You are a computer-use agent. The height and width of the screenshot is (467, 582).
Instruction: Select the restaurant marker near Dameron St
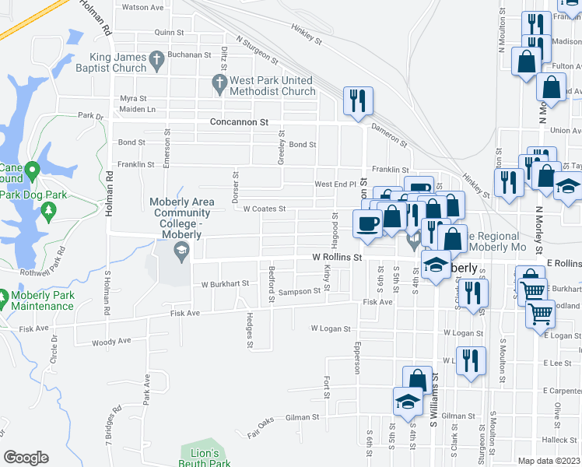click(358, 100)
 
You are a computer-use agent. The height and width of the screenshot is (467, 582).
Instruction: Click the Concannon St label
click(239, 122)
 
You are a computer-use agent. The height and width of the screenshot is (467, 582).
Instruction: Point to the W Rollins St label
click(338, 256)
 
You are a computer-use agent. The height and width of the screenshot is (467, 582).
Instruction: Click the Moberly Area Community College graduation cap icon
click(181, 249)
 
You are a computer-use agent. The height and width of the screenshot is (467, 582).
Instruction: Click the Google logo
click(26, 458)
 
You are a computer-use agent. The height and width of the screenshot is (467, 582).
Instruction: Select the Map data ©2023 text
click(549, 461)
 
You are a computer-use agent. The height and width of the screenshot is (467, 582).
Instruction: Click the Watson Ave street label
click(143, 7)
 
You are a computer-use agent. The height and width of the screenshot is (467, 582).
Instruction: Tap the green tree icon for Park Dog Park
click(48, 210)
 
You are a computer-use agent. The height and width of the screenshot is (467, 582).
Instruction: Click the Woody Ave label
click(111, 341)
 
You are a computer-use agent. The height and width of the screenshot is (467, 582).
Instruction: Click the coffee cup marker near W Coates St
click(367, 223)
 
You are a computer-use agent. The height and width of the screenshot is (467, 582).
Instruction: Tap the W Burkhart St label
click(225, 284)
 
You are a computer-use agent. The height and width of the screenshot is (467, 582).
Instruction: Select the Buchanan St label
click(191, 55)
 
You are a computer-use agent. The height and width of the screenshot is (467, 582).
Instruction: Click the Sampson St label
click(300, 291)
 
